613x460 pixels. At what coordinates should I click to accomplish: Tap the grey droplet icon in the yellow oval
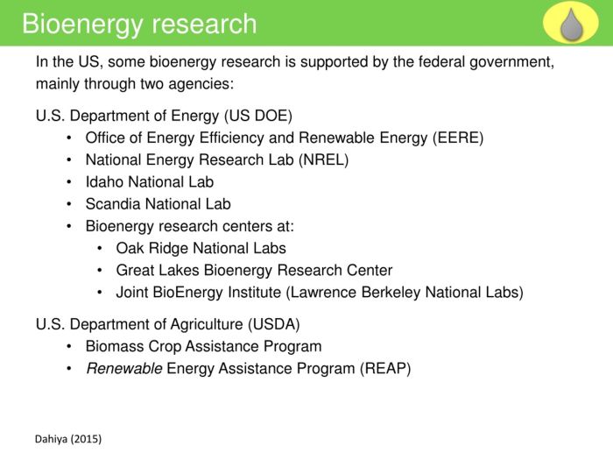pyautogui.click(x=571, y=24)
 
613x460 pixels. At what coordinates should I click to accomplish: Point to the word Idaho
pyautogui.click(x=105, y=182)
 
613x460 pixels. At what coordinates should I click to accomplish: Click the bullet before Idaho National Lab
pyautogui.click(x=69, y=182)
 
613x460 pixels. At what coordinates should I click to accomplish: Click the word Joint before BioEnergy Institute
pyautogui.click(x=134, y=293)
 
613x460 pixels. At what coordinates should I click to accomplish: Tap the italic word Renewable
pyautogui.click(x=123, y=369)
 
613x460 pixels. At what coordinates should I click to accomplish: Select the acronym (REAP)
pyautogui.click(x=384, y=369)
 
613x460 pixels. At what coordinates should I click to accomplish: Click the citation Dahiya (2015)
pyautogui.click(x=68, y=439)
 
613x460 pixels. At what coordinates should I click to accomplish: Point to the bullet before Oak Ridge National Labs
pyautogui.click(x=100, y=248)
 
